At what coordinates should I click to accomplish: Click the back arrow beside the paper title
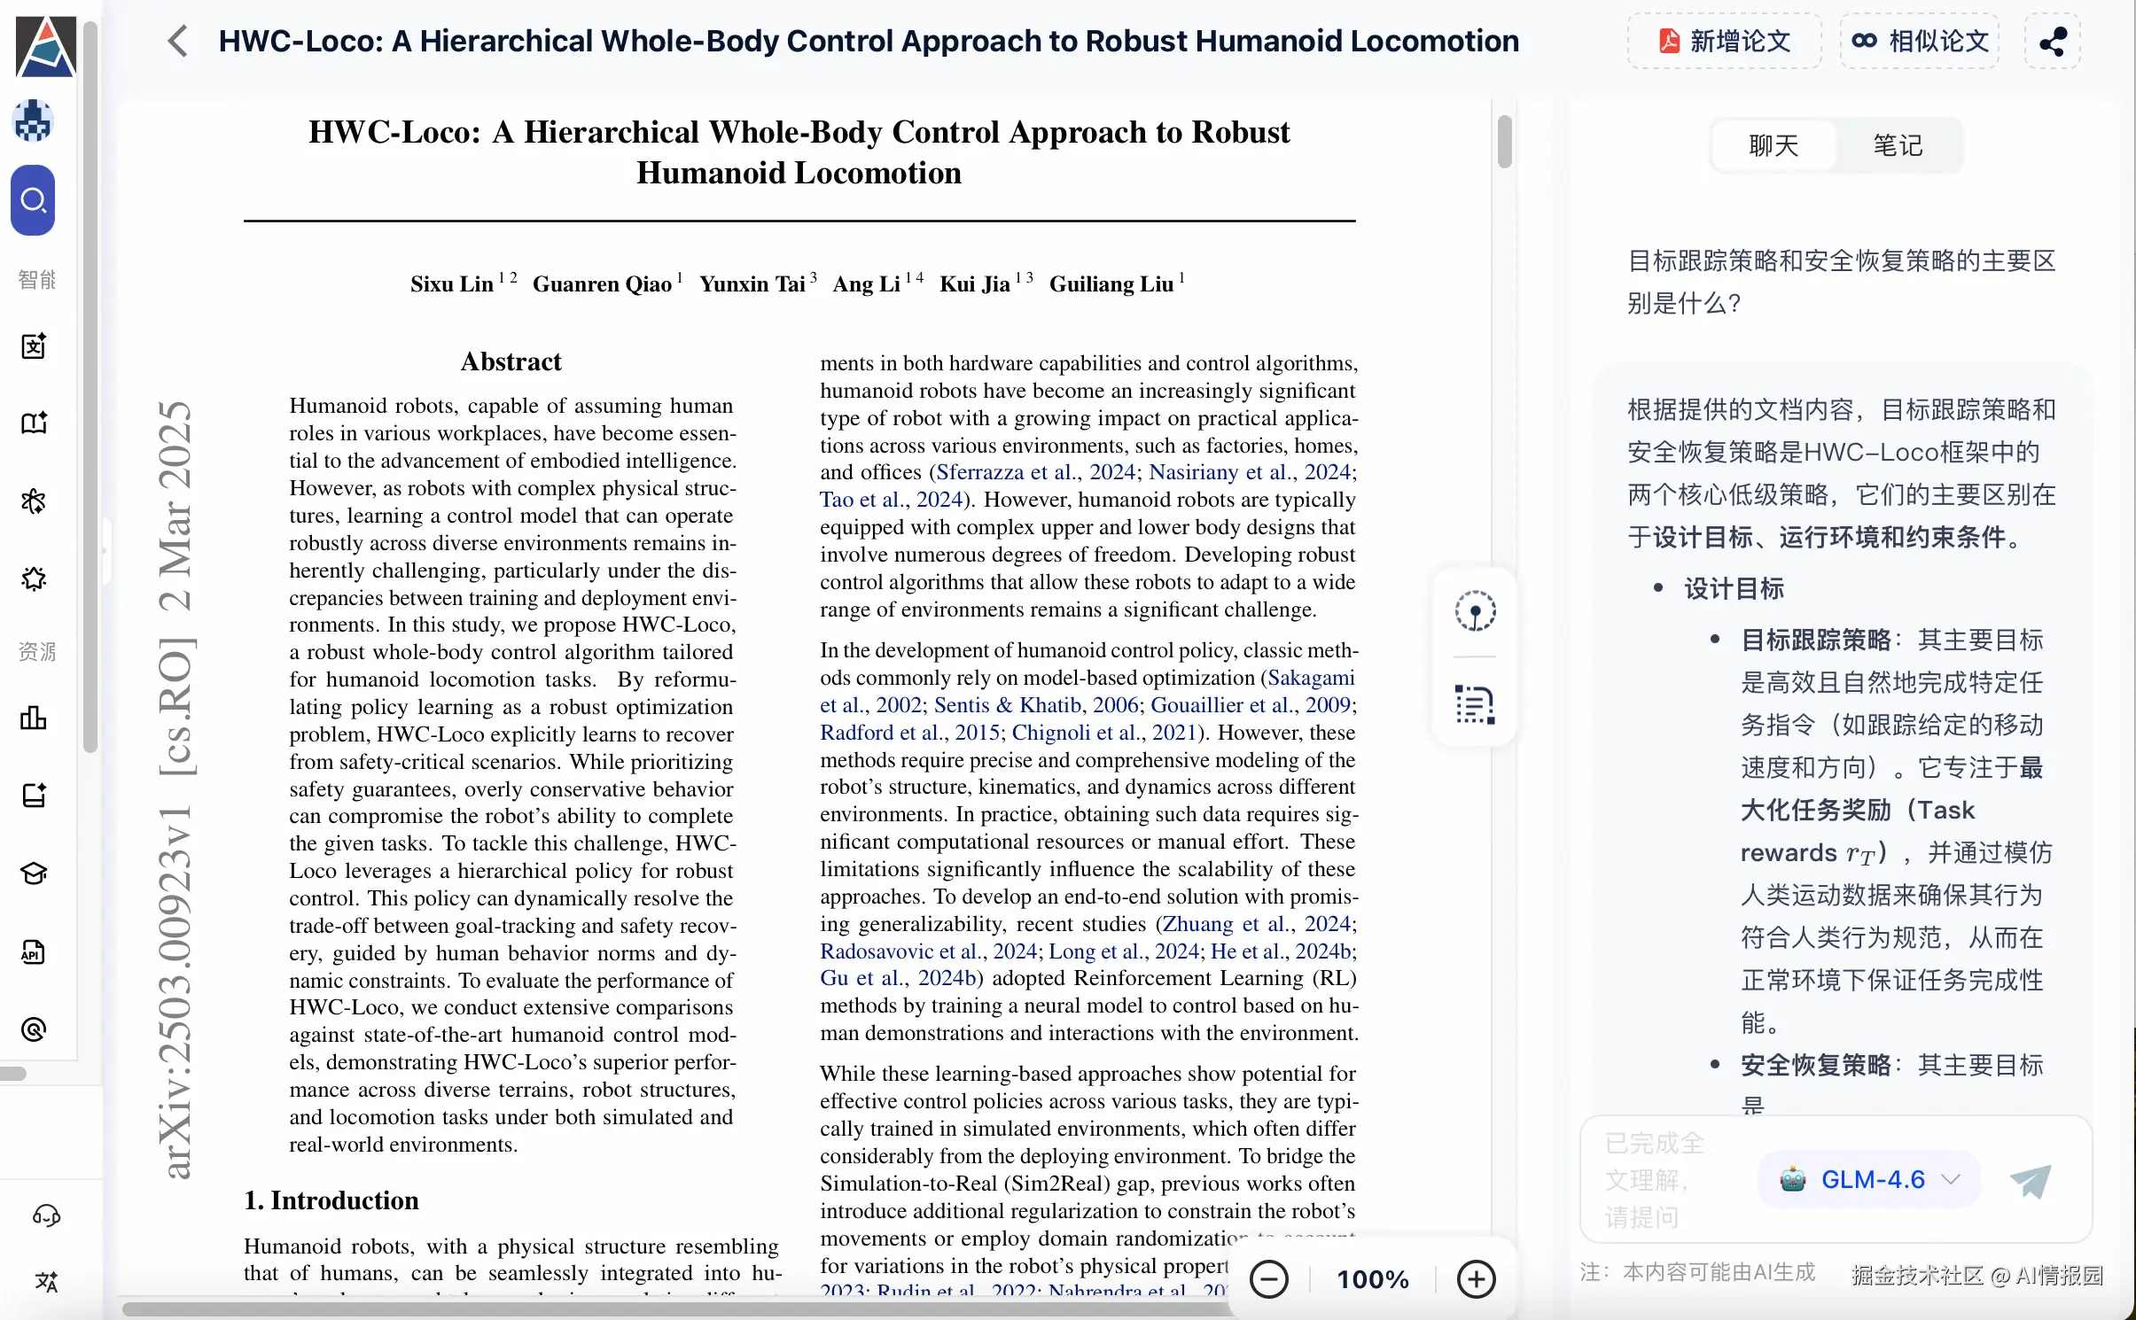[178, 41]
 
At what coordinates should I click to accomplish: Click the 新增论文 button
[1724, 41]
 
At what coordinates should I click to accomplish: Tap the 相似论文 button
[1920, 41]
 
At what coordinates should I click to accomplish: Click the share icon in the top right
[2053, 41]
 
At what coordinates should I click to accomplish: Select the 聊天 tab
[1773, 145]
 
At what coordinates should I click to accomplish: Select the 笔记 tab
[1898, 145]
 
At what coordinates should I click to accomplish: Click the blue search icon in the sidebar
[34, 200]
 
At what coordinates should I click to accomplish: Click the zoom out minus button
[1269, 1279]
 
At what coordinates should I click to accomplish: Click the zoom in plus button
[1477, 1279]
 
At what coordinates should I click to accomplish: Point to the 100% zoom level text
[1373, 1279]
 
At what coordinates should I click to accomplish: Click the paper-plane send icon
[2030, 1180]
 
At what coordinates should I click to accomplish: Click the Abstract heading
[511, 361]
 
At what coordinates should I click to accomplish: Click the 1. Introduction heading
[331, 1200]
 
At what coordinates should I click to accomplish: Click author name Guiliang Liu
[1111, 284]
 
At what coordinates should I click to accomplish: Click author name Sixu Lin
[451, 284]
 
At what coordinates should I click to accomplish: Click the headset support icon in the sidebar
[46, 1215]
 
